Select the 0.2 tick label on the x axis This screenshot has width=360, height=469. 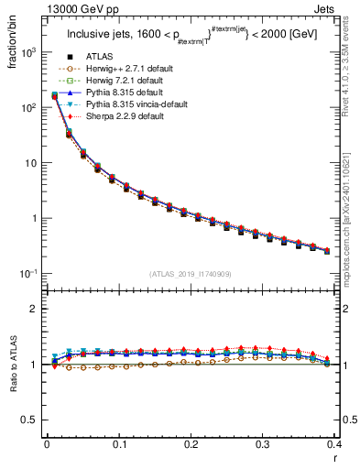(191, 444)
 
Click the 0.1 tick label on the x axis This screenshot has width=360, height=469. (119, 444)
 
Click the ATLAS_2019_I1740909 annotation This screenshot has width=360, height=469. (191, 275)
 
